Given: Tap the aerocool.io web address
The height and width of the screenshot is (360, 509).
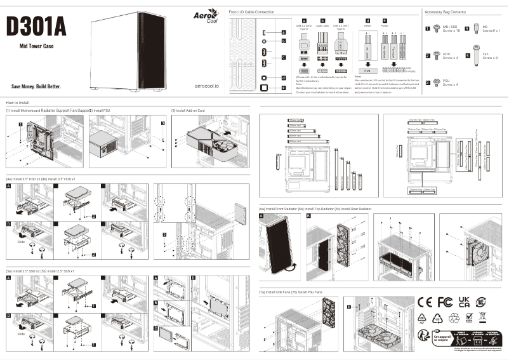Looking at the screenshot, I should [x=204, y=86].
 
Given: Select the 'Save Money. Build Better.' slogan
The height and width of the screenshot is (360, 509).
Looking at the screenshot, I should [x=37, y=86].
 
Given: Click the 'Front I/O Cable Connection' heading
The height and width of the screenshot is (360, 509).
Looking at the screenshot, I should [x=251, y=12].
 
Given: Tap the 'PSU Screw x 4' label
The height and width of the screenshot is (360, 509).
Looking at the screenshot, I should [x=450, y=83].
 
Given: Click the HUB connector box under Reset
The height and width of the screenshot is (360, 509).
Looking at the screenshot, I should [x=366, y=70].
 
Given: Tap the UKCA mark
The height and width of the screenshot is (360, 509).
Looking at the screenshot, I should [x=465, y=301].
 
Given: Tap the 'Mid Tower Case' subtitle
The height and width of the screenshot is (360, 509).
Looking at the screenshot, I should [x=37, y=46].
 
